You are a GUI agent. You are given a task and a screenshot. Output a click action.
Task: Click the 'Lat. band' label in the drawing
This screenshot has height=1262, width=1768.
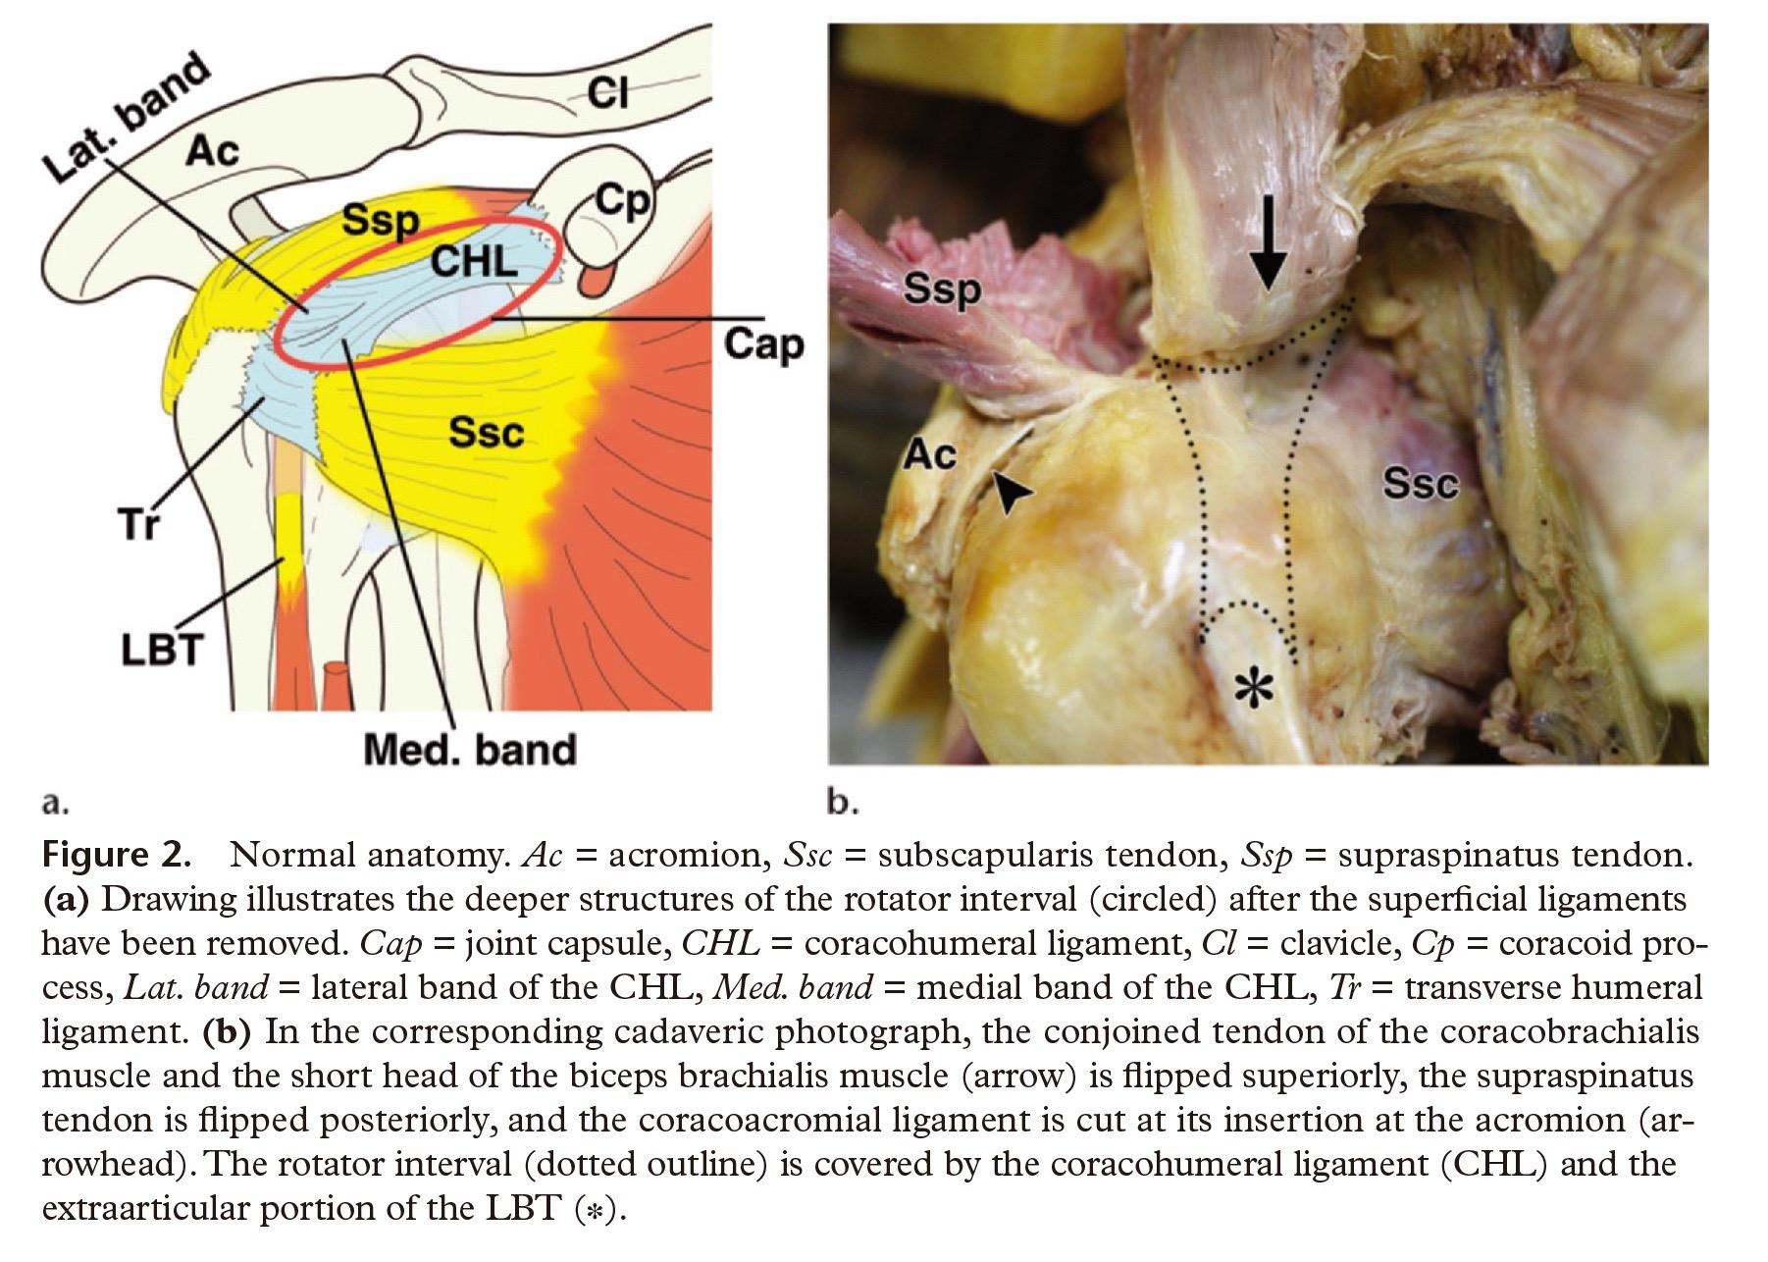coord(128,119)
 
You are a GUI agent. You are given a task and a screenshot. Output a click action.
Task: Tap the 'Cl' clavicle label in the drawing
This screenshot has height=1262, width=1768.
coord(607,94)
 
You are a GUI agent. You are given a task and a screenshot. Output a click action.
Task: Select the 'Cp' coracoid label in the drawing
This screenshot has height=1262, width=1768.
coord(622,202)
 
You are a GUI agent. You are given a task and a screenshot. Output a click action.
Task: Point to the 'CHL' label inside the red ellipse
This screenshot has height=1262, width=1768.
coord(474,260)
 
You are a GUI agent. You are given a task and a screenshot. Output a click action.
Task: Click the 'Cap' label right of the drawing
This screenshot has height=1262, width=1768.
coord(763,345)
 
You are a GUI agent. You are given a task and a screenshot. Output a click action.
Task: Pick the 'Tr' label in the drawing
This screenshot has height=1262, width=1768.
coord(139,525)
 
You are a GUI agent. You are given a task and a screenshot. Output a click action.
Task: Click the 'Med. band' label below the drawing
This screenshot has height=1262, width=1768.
coord(469,750)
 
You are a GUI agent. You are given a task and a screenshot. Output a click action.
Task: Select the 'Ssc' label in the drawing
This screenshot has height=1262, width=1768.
coord(487,431)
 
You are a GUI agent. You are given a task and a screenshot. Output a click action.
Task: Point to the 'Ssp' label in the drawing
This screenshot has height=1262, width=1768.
coord(381,223)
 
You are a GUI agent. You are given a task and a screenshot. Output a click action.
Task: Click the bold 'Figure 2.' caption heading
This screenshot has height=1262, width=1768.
coord(116,855)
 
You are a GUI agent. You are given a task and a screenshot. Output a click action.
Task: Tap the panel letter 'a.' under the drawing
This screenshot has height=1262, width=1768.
coord(56,804)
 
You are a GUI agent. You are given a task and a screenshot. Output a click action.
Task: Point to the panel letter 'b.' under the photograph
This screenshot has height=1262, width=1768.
coord(843,804)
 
